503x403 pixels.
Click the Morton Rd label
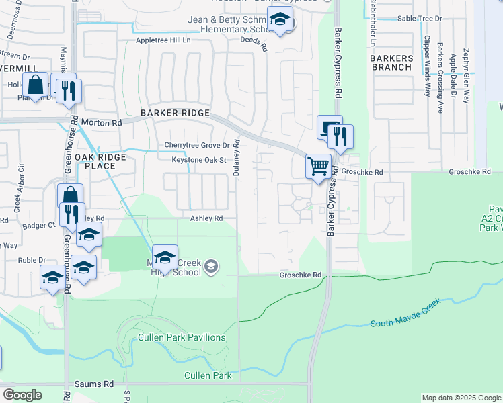click(x=102, y=123)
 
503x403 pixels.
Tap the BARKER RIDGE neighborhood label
click(x=175, y=113)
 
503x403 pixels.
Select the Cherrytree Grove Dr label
click(x=202, y=145)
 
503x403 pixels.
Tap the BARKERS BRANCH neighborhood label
click(x=391, y=62)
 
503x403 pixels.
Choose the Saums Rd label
click(x=100, y=384)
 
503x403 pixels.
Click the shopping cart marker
click(x=318, y=165)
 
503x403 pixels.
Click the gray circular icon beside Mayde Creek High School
click(x=211, y=268)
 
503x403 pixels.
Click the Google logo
click(x=22, y=395)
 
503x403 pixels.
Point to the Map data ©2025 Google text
click(x=461, y=398)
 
